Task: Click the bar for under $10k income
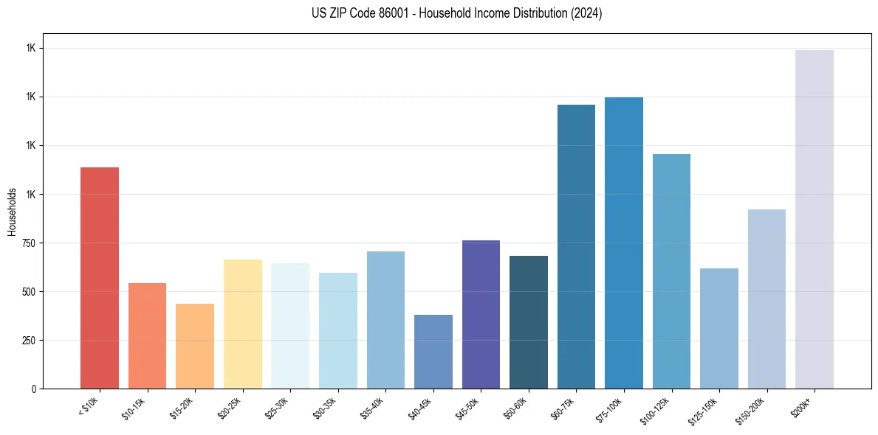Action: pos(100,278)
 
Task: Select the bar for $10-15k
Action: pos(147,335)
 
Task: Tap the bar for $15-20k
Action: pos(195,346)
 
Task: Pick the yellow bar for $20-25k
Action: pos(242,324)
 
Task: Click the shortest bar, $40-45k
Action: pos(433,352)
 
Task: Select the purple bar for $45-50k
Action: pos(481,314)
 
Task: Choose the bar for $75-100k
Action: pos(624,243)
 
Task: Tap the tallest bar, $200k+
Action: pos(814,219)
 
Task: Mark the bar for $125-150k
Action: pos(719,328)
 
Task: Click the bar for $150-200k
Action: pos(766,299)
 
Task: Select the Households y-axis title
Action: pos(13,212)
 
